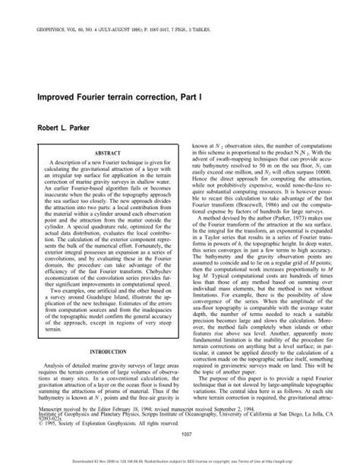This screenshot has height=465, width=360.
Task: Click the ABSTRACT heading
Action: (x=102, y=150)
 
